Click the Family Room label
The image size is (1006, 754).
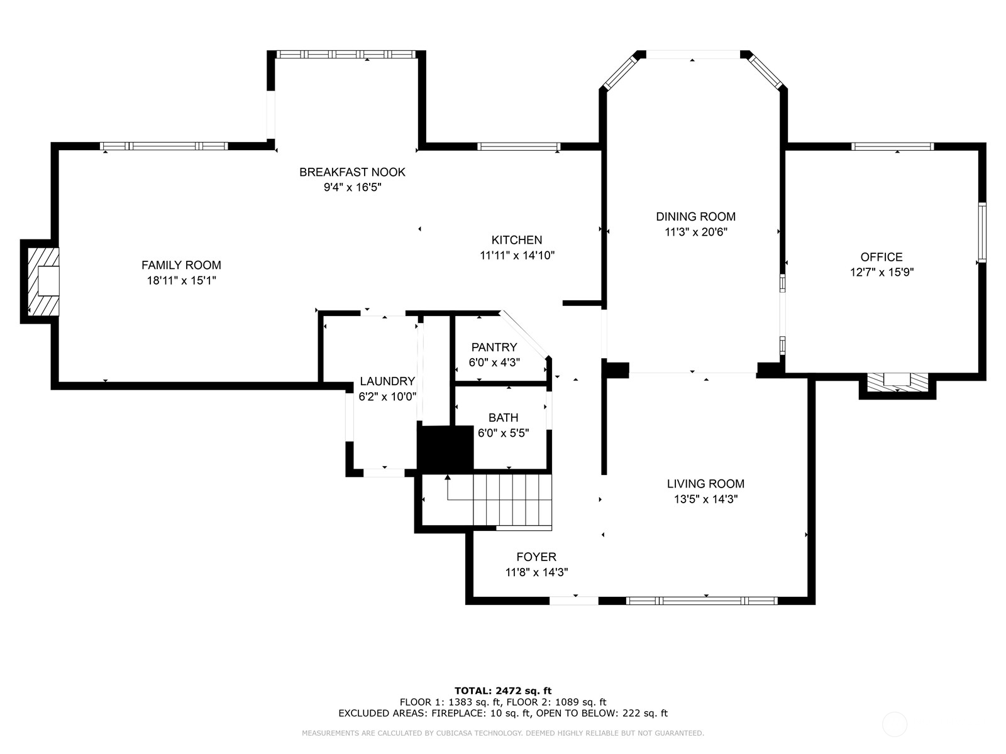point(181,265)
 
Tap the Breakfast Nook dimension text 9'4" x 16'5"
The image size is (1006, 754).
point(352,187)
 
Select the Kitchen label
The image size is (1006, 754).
point(516,240)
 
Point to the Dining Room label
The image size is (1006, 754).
point(695,217)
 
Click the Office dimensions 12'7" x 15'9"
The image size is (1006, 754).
point(881,272)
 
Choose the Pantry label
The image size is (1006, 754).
point(494,347)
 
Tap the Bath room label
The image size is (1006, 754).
point(503,418)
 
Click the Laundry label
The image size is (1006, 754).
point(387,381)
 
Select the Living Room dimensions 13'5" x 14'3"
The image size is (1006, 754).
point(705,500)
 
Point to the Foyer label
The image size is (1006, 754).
point(536,557)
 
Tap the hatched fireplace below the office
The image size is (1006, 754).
point(897,381)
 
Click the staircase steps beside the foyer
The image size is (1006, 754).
point(512,500)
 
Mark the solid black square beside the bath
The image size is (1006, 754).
point(445,448)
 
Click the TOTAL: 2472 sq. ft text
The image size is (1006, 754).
point(503,691)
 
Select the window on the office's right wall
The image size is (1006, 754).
point(981,232)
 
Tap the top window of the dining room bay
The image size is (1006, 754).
point(692,55)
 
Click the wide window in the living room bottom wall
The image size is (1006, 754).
point(702,601)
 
